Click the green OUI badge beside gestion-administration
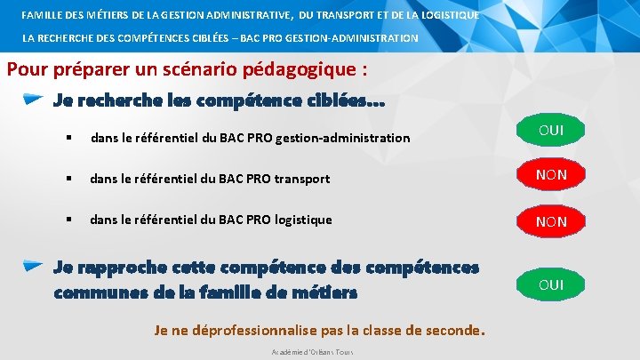click(551, 132)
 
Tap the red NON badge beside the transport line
click(551, 175)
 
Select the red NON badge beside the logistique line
click(551, 221)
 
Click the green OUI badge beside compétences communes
click(551, 284)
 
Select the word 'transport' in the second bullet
click(301, 179)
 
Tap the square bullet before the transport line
click(67, 179)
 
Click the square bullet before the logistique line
click(67, 220)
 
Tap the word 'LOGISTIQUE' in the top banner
click(446, 15)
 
